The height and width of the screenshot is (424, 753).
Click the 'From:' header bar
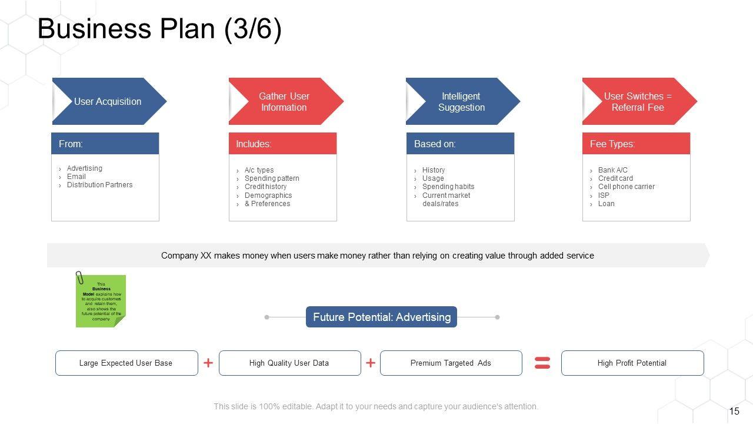coord(105,144)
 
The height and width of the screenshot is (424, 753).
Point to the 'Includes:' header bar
coord(282,144)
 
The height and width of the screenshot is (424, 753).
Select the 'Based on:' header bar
coord(460,144)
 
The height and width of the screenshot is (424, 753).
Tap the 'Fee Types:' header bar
coord(636,144)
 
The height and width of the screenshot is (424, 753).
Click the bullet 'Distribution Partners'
coord(99,185)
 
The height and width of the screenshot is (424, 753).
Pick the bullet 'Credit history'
coord(265,187)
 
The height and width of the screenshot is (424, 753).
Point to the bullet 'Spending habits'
coord(448,187)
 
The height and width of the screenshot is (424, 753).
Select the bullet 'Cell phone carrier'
coord(626,187)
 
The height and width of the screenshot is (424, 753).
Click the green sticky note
coord(101,301)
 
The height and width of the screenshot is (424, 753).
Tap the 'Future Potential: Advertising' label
coord(381,317)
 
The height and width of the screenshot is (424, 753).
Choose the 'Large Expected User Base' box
coord(126,363)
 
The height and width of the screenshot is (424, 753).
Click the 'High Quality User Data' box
coord(289,363)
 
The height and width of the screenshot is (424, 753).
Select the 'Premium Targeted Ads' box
coord(451,363)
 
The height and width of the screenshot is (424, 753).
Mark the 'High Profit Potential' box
coord(632,363)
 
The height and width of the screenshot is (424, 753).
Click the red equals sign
coord(542,363)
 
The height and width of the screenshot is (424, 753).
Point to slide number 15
coord(734,412)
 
